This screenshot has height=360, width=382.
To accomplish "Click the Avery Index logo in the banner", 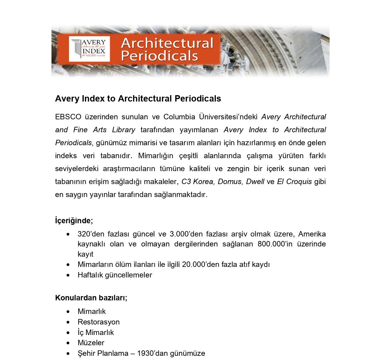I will tap(89, 49).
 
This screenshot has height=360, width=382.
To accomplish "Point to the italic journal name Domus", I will tap(230, 182).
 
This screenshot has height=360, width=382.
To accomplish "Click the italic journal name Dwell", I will tap(255, 182).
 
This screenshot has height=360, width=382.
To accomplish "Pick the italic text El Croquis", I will tap(294, 182).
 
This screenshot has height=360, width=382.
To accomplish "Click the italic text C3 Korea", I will tap(198, 182).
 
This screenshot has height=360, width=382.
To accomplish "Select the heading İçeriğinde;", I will tap(74, 221).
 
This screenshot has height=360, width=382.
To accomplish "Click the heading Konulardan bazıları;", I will tap(91, 298).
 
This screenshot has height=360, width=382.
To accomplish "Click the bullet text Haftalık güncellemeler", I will tap(115, 275).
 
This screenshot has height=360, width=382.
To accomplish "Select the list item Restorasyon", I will tap(98, 322).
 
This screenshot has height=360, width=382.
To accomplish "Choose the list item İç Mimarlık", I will tap(96, 333).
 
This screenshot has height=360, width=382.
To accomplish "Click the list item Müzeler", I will tap(91, 343).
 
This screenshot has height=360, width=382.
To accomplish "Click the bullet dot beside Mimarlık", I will tap(69, 311).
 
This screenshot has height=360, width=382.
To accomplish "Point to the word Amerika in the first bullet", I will tap(312, 234).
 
